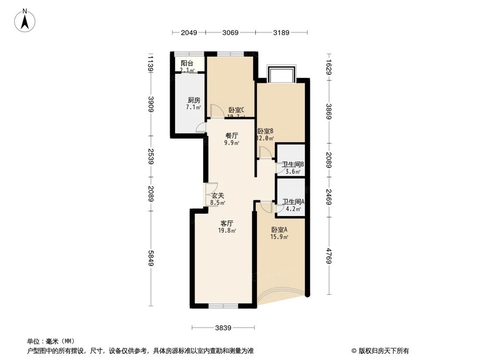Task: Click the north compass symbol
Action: (26, 20)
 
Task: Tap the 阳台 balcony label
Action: (187, 63)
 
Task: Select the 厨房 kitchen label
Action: (193, 100)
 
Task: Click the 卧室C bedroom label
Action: (237, 110)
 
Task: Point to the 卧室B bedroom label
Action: (265, 131)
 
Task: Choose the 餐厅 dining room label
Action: (232, 136)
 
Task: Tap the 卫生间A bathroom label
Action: (293, 202)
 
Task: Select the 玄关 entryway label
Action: (218, 196)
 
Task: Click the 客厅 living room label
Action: (227, 223)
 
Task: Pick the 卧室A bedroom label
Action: (279, 230)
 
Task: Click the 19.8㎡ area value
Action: (227, 230)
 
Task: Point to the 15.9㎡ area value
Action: (279, 237)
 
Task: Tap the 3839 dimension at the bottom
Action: (224, 328)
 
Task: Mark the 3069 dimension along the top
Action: (230, 33)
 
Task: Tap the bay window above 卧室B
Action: (282, 75)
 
